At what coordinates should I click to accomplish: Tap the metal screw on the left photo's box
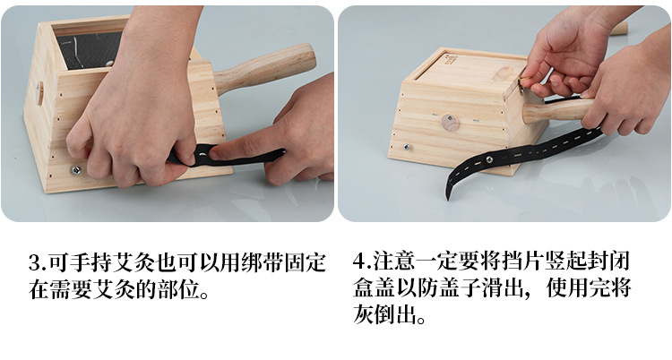pos(76,170)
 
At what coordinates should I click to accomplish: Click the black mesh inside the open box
pos(89,50)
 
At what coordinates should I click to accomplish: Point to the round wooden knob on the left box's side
pos(39,93)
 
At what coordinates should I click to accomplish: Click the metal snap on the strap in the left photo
pos(202,153)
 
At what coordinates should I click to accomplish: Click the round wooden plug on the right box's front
pos(450,123)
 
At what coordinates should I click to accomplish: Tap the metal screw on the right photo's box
pos(406,148)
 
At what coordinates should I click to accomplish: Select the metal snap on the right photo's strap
pos(489,159)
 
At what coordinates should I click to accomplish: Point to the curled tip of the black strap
pos(448,196)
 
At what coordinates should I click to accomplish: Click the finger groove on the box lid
pos(503,73)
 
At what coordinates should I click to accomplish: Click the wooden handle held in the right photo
pos(557,110)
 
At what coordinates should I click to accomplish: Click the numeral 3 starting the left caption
pos(35,262)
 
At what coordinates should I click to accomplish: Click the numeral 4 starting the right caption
pos(359,261)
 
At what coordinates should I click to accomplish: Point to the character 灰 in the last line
pos(364,315)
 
